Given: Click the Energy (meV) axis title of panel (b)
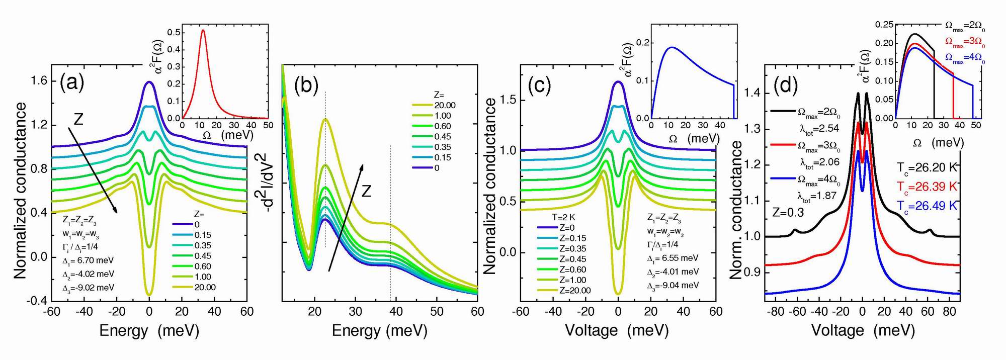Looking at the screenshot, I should point(379,330).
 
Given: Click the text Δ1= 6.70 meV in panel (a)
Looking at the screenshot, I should point(88,260).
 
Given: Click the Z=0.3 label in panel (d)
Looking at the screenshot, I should point(788,213).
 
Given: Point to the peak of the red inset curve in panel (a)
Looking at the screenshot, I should point(203,30).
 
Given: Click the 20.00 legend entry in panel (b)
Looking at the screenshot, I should point(445,105).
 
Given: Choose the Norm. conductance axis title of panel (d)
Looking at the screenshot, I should point(736,210).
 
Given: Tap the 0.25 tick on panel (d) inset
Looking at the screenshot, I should point(884,24).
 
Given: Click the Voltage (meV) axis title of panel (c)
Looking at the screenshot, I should point(617,330).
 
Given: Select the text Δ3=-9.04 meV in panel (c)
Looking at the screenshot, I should point(673,285).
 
